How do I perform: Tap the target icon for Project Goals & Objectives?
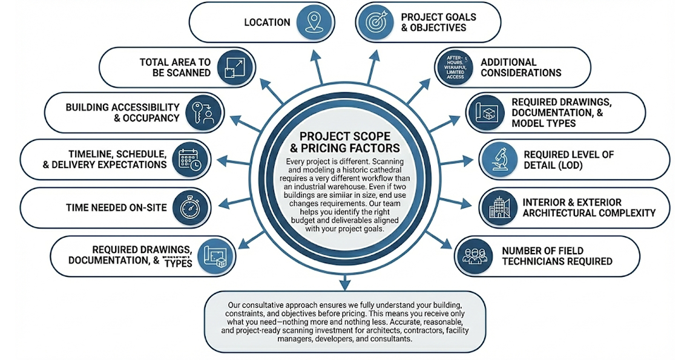pyautogui.click(x=375, y=22)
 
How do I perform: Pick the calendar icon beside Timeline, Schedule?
pyautogui.click(x=190, y=159)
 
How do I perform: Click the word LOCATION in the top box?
pyautogui.click(x=267, y=22)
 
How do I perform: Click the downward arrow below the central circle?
pyautogui.click(x=344, y=281)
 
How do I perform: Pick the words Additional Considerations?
pyautogui.click(x=521, y=67)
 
